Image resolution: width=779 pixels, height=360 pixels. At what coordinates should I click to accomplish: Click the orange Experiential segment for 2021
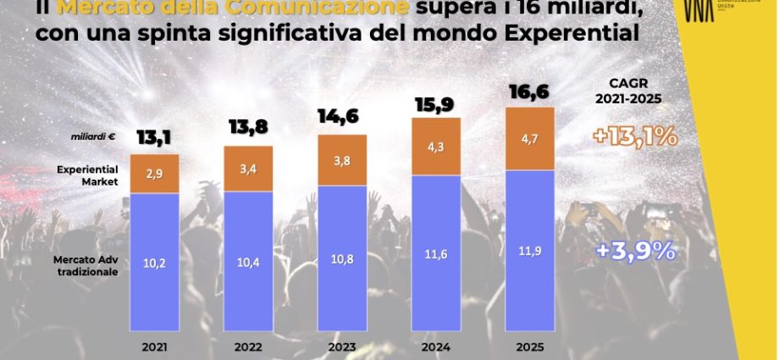click(154, 174)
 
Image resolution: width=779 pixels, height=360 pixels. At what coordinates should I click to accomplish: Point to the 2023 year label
click(342, 346)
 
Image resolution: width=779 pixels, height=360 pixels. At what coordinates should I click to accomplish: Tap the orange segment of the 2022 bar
click(248, 169)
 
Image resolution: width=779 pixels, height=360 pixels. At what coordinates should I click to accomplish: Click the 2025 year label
click(530, 346)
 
